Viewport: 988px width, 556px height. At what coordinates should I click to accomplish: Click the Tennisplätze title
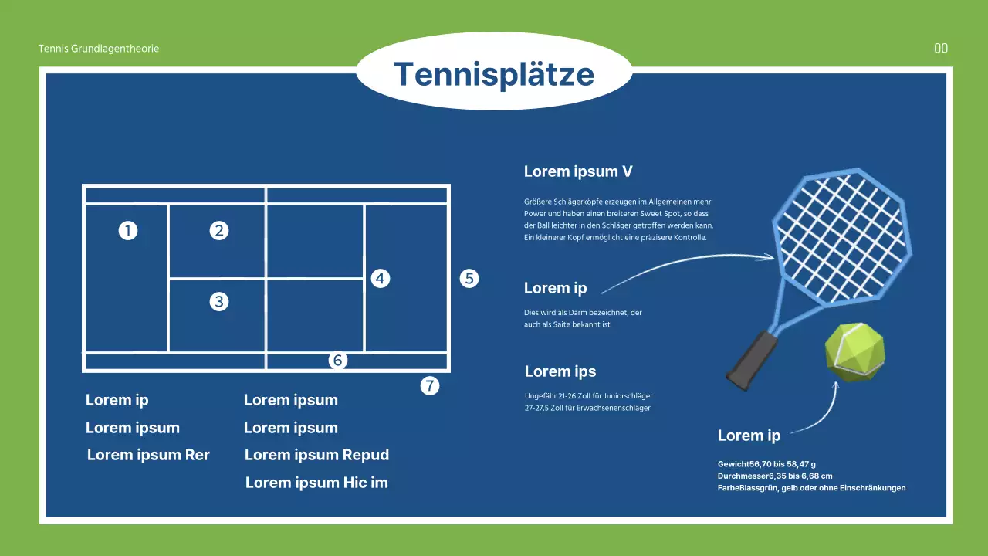click(494, 74)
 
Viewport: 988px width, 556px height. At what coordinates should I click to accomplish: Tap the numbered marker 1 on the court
click(128, 230)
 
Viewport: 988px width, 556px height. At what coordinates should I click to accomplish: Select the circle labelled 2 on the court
click(218, 230)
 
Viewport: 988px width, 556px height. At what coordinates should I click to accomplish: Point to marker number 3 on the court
click(218, 301)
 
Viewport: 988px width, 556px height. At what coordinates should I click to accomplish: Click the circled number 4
click(381, 279)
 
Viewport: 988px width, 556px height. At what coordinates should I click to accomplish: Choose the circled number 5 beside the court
click(469, 279)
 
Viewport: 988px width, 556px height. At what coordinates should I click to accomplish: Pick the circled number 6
click(338, 360)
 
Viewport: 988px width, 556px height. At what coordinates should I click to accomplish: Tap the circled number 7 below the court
click(430, 385)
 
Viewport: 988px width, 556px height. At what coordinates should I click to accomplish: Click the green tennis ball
click(854, 353)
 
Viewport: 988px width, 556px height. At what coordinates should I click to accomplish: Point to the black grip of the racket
click(751, 361)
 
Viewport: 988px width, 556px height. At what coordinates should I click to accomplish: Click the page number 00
click(941, 48)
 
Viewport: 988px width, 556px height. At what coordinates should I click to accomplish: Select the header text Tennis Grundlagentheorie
click(99, 49)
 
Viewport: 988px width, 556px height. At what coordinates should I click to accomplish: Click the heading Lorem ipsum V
click(578, 171)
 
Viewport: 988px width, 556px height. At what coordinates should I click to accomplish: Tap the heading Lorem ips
click(560, 371)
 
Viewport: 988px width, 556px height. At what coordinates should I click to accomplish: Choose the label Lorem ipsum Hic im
click(316, 483)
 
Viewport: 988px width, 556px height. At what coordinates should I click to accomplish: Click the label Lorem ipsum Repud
click(316, 455)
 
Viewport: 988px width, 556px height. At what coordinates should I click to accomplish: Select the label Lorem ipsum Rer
click(148, 455)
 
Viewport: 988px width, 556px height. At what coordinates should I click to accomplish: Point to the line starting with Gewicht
click(766, 464)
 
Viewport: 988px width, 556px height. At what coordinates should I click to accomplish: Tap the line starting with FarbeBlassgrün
click(811, 488)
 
